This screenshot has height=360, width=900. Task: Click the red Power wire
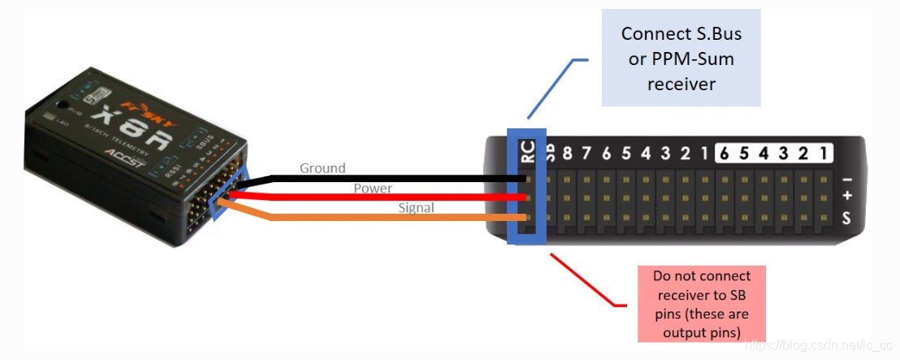382,197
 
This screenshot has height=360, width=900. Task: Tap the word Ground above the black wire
322,168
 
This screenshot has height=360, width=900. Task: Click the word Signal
416,208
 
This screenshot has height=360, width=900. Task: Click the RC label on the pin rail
527,150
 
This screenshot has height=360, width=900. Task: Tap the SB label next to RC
549,154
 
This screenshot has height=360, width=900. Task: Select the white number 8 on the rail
568,154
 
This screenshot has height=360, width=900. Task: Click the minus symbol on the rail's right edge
847,179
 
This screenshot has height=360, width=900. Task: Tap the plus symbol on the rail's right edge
847,197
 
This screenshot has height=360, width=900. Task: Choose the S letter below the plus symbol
847,218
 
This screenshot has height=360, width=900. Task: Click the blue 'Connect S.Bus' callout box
680,57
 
